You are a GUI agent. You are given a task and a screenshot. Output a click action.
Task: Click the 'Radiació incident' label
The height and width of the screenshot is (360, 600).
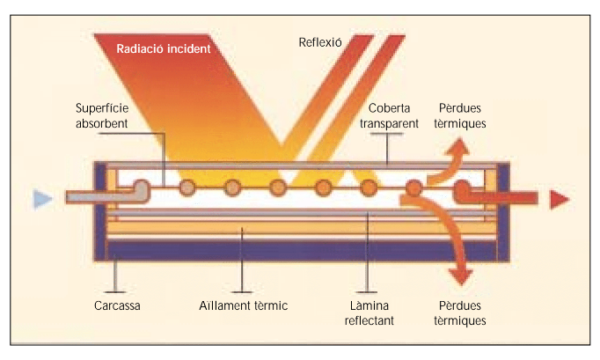tap(164, 48)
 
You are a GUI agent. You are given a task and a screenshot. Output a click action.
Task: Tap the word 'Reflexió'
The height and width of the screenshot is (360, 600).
tap(320, 42)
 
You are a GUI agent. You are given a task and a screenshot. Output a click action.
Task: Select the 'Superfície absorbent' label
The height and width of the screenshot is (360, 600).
tap(102, 115)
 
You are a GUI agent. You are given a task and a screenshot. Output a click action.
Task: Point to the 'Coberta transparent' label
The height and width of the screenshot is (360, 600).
tap(389, 115)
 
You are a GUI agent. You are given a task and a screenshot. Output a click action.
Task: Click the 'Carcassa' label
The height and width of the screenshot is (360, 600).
tap(117, 305)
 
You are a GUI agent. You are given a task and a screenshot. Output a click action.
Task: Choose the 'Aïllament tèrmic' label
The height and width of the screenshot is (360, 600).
tap(244, 305)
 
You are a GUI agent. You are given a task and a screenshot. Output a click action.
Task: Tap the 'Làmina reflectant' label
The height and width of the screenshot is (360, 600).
tap(369, 312)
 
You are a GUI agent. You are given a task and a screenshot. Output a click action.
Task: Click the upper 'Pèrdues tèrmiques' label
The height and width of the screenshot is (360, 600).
tap(460, 115)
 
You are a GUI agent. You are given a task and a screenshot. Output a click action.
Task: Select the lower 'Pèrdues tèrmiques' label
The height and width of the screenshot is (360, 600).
tap(460, 312)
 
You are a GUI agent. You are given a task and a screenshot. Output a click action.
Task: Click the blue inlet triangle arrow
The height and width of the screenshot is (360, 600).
tap(41, 199)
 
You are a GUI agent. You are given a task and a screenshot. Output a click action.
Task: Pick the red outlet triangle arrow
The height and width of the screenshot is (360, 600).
tap(560, 199)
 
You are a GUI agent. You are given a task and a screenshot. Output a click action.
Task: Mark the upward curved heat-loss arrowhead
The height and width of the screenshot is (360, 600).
tap(459, 147)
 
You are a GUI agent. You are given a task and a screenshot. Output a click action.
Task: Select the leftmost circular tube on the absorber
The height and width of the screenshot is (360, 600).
tap(187, 187)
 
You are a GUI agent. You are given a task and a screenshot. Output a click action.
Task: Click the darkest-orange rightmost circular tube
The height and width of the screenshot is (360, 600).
tap(413, 188)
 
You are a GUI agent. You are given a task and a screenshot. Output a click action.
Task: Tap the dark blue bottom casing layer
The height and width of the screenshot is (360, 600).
tap(302, 251)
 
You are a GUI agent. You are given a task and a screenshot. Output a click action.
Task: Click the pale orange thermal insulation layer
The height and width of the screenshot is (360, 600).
tap(302, 229)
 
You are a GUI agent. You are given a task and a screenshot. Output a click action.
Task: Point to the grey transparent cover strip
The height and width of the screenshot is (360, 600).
tap(303, 165)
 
